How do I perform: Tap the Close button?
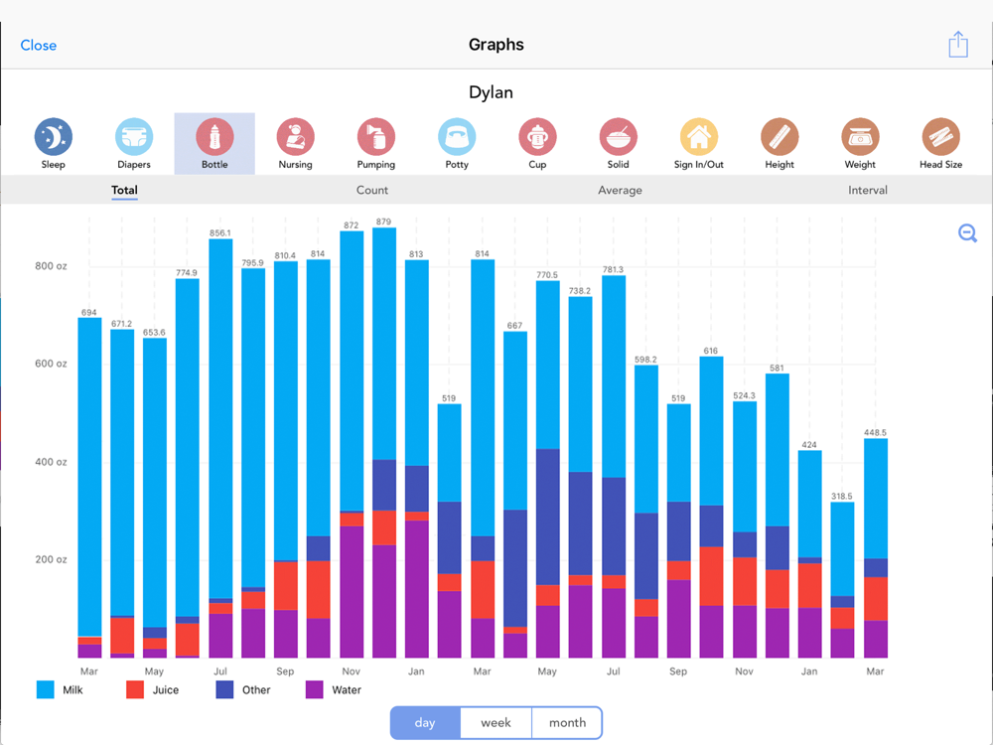click(39, 45)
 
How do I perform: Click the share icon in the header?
click(957, 45)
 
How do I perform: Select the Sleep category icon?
click(54, 137)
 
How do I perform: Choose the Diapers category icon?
click(134, 137)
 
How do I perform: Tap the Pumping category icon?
click(376, 137)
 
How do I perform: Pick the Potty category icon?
click(457, 137)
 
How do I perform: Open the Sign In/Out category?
click(699, 137)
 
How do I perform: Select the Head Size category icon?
click(940, 137)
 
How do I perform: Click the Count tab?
click(372, 190)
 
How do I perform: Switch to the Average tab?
click(620, 190)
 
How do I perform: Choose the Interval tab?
click(868, 190)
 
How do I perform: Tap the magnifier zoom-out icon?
click(968, 233)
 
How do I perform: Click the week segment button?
click(496, 723)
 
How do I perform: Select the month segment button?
click(567, 723)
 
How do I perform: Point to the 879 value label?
click(382, 222)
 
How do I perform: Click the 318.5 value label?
click(842, 496)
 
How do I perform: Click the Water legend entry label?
click(347, 689)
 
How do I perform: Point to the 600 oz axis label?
click(51, 364)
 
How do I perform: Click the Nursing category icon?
click(295, 137)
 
